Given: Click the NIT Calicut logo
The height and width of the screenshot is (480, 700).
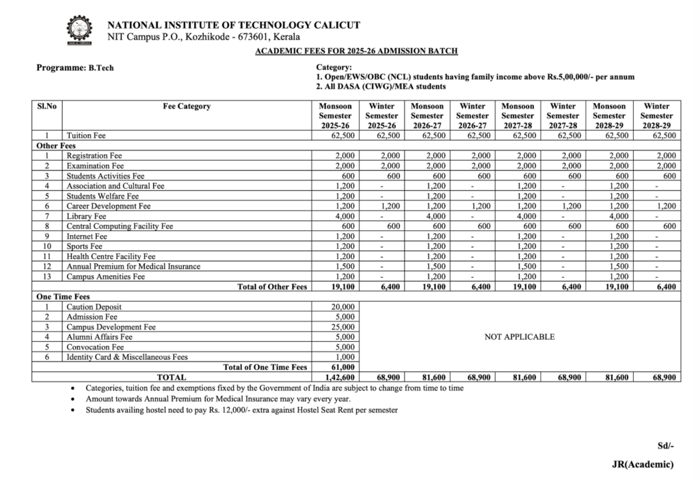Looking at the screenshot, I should (x=79, y=30).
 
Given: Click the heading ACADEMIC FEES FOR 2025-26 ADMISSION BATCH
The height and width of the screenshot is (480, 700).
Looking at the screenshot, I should (x=355, y=51).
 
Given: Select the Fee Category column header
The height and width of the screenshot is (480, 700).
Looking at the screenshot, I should (x=187, y=107).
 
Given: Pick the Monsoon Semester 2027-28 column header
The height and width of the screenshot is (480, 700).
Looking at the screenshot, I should (x=517, y=116).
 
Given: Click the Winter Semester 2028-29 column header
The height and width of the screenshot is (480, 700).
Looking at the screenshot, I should (x=656, y=116).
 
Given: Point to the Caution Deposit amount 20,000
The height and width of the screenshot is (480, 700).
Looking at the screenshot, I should (x=343, y=307).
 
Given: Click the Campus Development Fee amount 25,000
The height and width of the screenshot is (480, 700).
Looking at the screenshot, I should (x=343, y=327).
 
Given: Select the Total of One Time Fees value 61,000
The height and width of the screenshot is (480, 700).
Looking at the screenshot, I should (x=343, y=367).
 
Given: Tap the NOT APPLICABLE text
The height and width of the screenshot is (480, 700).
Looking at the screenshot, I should (x=520, y=337).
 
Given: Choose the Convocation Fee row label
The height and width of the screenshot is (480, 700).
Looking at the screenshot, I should (x=94, y=347).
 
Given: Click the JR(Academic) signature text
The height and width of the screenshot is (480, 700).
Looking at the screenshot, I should (x=643, y=464).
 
